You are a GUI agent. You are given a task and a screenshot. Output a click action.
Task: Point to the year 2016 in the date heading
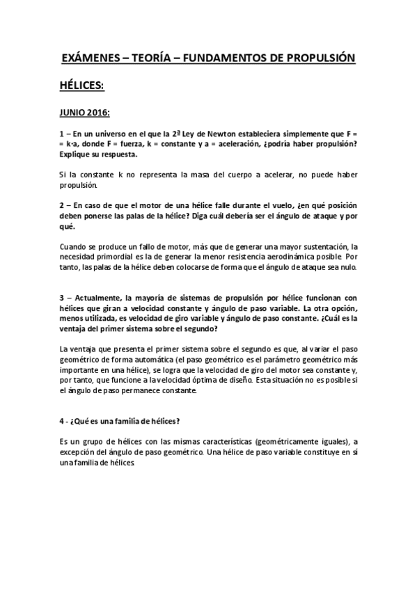pyautogui.click(x=100, y=111)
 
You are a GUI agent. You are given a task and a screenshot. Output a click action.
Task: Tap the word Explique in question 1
pyautogui.click(x=77, y=153)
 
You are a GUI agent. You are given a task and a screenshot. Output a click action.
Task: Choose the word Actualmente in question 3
pyautogui.click(x=101, y=298)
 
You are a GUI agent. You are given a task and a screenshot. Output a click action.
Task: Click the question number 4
pyautogui.click(x=63, y=421)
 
